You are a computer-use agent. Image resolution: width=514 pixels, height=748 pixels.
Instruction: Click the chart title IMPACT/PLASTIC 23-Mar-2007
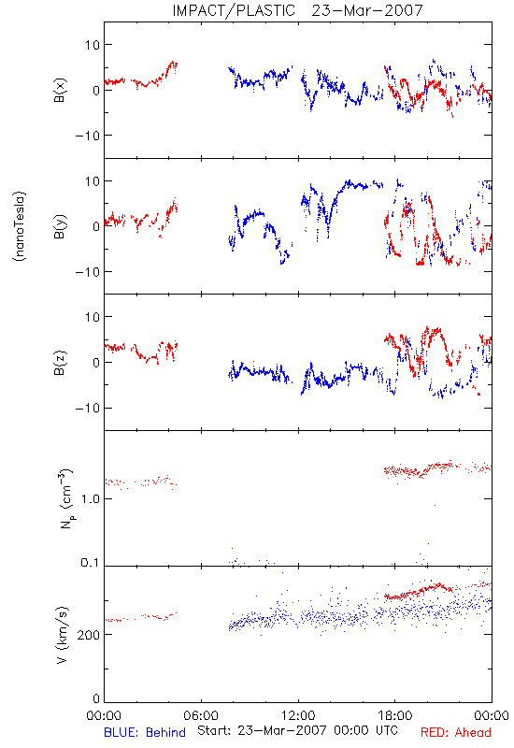tap(297, 10)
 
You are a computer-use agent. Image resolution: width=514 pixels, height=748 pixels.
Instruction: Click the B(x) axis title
tap(60, 90)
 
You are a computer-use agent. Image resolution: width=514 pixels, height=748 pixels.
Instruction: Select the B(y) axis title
tap(60, 226)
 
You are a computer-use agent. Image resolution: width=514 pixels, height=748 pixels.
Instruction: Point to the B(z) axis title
tap(60, 363)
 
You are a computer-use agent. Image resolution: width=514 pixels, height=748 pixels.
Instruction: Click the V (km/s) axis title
tap(63, 635)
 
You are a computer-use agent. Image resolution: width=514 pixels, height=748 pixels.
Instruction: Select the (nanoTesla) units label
tap(20, 226)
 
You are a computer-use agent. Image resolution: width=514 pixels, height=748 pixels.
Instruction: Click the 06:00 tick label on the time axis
tap(201, 715)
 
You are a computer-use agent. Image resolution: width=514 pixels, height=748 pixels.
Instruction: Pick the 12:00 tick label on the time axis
tap(298, 715)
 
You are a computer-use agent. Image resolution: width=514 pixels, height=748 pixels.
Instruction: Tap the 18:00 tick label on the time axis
tap(395, 715)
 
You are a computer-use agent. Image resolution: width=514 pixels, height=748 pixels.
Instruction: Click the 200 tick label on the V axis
tap(88, 635)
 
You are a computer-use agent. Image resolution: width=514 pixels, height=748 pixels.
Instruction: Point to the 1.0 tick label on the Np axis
tap(90, 499)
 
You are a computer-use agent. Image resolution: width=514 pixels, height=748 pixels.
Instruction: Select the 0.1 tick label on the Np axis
tap(90, 563)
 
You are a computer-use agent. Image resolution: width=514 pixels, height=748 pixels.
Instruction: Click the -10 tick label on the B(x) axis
tap(87, 136)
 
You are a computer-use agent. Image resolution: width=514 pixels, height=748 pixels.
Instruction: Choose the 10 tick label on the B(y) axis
tap(92, 181)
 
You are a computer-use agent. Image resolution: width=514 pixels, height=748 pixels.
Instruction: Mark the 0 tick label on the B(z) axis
tap(96, 363)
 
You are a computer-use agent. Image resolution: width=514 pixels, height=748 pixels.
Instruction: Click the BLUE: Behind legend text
tap(145, 732)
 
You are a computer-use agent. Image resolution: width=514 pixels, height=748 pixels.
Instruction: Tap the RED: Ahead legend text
tap(456, 732)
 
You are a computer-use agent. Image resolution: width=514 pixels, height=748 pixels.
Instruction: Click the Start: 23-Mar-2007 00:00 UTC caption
tap(297, 730)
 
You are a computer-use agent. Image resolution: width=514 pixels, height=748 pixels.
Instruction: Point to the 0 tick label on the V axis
tap(96, 698)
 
